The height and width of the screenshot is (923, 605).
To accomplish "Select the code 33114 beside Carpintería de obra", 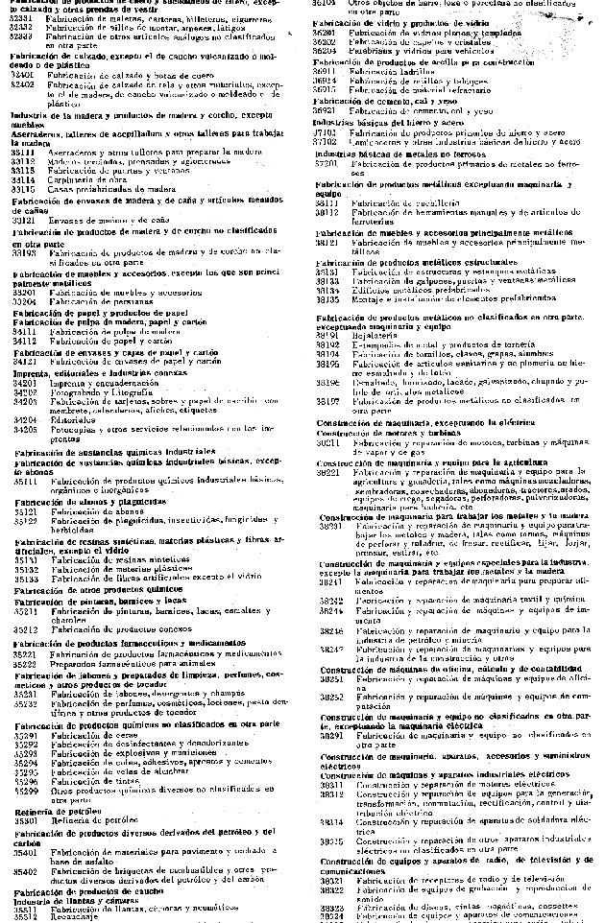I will [24, 178].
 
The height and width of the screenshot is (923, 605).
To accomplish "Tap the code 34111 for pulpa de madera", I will [24, 331].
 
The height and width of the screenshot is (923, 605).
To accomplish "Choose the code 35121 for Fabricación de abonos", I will [25, 512].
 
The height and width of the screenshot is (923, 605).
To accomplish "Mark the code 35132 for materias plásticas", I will [25, 569].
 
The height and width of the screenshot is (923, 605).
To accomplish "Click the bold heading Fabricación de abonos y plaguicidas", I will [83, 502].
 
